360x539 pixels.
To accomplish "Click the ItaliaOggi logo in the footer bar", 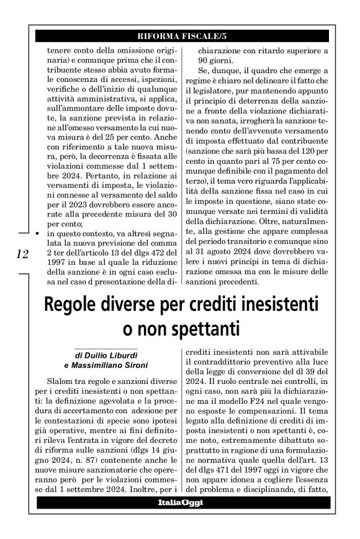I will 181,502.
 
